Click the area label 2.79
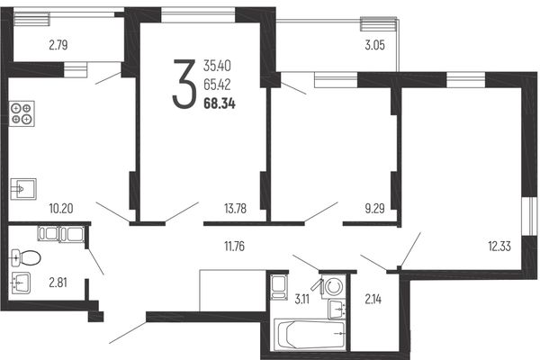(58, 45)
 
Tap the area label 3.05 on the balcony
(374, 45)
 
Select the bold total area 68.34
(220, 103)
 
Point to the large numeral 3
(184, 84)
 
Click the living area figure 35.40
(217, 66)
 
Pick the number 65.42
(217, 85)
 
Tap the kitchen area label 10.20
(61, 209)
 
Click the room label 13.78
(235, 209)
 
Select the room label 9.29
(374, 209)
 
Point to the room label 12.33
(499, 247)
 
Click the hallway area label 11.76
(234, 247)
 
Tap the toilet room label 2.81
(58, 283)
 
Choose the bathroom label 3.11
(302, 299)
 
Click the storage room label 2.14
(373, 299)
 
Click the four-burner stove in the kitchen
(22, 113)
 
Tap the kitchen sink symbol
(23, 189)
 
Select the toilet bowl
(26, 258)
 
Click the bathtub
(310, 335)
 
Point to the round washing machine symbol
(333, 286)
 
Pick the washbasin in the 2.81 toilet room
(21, 283)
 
